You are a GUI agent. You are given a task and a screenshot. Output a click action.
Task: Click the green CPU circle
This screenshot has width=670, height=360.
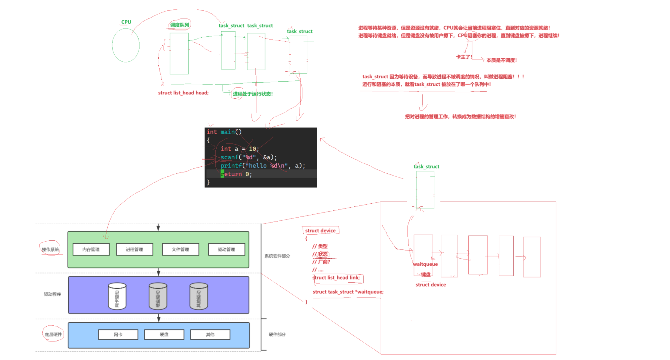click(x=126, y=45)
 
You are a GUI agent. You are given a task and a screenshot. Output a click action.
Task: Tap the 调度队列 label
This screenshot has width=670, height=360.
click(x=180, y=25)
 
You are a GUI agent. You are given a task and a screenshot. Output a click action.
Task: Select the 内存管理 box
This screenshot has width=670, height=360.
click(x=91, y=249)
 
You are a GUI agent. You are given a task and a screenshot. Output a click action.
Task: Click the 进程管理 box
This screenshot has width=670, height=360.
click(x=134, y=249)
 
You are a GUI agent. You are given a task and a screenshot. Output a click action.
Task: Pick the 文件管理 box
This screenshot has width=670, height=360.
click(x=181, y=249)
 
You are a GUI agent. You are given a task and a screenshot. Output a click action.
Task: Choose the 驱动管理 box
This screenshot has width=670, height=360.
click(x=227, y=249)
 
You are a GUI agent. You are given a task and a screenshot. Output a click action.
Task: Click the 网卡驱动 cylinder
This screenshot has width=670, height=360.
click(x=117, y=296)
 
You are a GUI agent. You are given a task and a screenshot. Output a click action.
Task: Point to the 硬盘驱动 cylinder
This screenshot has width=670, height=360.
click(x=158, y=296)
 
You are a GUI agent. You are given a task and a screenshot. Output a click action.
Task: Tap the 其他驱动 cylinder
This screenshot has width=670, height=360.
click(x=199, y=296)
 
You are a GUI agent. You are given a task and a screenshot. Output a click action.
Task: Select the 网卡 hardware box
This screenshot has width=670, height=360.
click(x=118, y=334)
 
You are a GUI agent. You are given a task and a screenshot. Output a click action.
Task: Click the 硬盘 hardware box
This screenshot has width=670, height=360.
click(x=164, y=334)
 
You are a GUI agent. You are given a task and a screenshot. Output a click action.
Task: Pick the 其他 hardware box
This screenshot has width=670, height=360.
click(x=210, y=334)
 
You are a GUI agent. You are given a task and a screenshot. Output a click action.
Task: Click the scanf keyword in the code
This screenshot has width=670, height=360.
click(x=229, y=157)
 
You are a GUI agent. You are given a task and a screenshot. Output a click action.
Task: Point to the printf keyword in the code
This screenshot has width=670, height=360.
click(x=231, y=166)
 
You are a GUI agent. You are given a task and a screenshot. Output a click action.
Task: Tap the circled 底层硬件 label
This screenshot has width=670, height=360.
click(x=53, y=334)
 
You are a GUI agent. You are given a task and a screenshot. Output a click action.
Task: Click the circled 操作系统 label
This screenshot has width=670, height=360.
click(x=50, y=249)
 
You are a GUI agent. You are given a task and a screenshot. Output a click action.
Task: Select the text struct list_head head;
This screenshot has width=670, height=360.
click(x=183, y=93)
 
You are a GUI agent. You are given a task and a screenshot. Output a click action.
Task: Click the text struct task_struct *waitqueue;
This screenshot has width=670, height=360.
click(x=348, y=292)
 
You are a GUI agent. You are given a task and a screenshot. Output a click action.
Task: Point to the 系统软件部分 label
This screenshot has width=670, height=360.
click(x=277, y=256)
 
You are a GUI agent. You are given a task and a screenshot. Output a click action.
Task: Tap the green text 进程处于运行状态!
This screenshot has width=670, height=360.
click(x=253, y=94)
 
